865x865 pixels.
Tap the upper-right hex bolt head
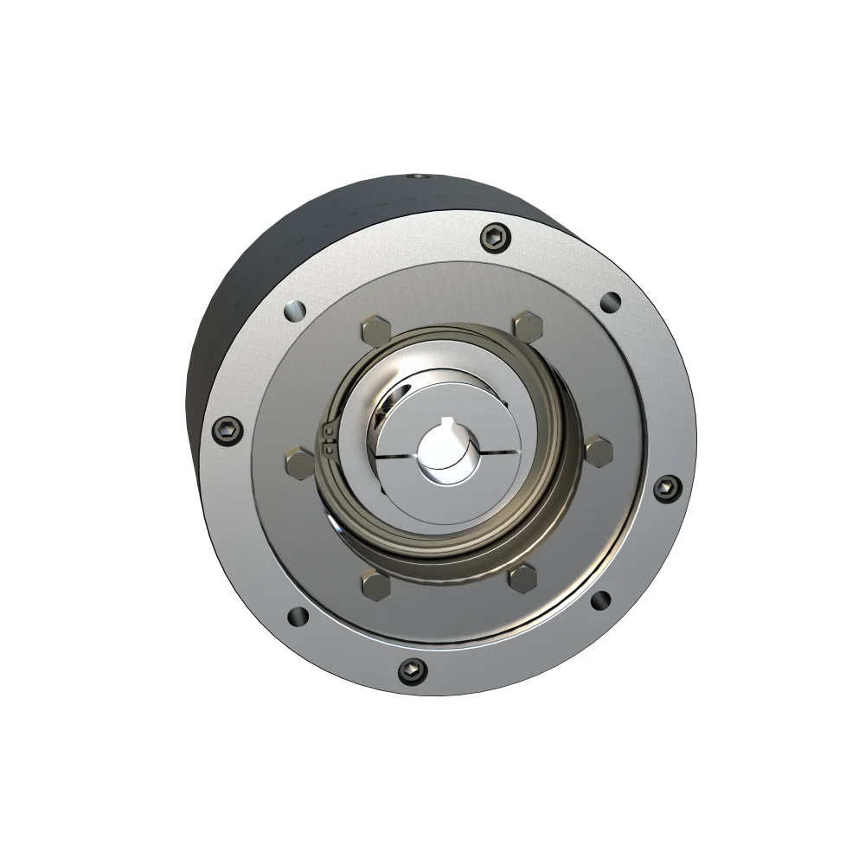526,326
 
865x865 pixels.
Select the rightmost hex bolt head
599,450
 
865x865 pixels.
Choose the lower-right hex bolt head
523,577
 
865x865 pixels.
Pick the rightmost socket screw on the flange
663,488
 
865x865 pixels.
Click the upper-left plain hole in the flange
294,308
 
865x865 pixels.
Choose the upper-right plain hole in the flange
611,302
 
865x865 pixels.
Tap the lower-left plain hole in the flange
296,616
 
